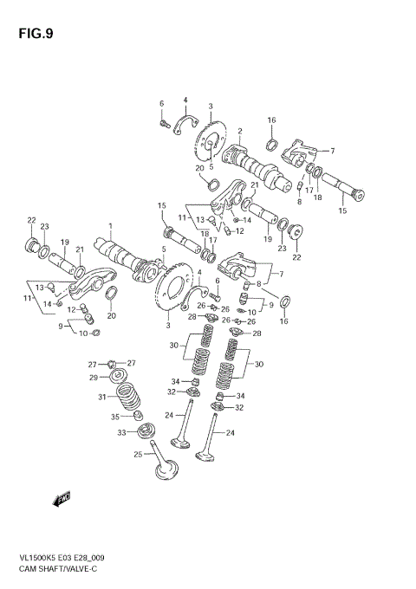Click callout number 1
coord(110,226)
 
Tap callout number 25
coord(137,454)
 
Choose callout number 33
coord(121,432)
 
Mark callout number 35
coord(116,417)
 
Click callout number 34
coord(175,381)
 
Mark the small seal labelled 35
coord(137,418)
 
